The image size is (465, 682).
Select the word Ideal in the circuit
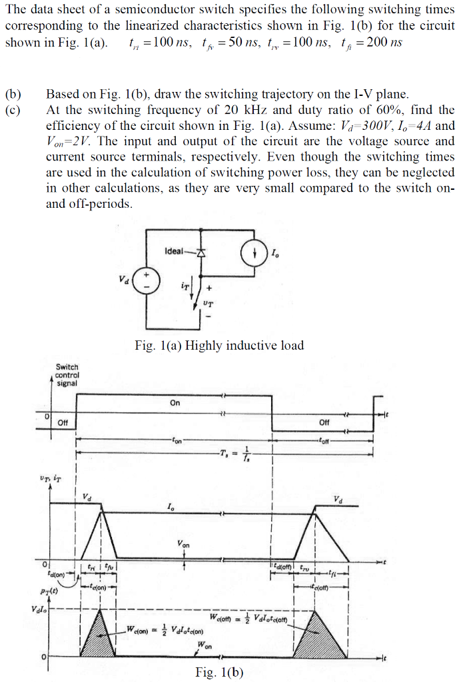point(173,250)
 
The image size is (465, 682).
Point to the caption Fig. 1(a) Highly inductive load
point(219,345)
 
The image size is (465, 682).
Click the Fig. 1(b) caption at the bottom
point(219,672)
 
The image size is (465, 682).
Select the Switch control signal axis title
point(67,375)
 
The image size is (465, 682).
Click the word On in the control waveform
point(175,403)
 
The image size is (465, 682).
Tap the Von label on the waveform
point(184,545)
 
